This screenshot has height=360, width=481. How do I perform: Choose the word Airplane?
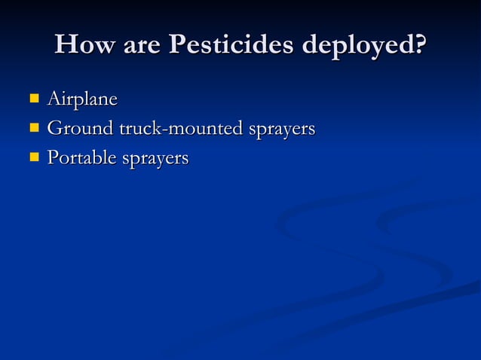tap(82, 99)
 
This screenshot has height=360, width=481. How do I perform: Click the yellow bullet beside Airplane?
tap(33, 98)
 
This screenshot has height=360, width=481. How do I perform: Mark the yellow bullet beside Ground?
tap(33, 128)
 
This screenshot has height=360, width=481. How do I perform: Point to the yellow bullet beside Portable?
tap(33, 157)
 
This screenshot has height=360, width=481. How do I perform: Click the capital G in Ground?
tap(55, 129)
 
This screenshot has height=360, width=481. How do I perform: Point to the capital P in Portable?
tap(53, 158)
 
